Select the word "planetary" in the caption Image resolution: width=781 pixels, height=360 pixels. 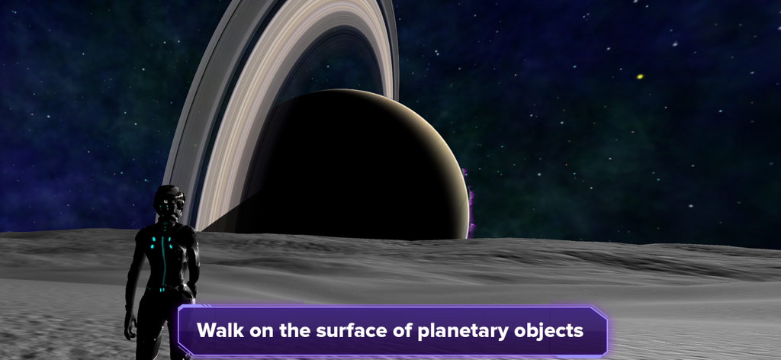[461, 332]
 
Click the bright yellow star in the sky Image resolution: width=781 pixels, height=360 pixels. [640, 76]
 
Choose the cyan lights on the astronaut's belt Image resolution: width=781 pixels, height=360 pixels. [162, 289]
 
